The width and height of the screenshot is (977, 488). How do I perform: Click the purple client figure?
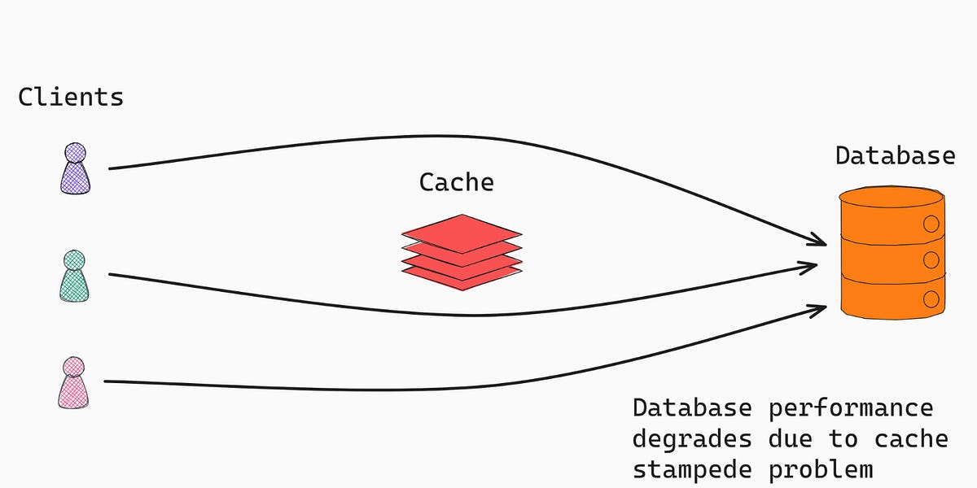tap(75, 168)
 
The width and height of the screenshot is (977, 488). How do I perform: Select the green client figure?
tap(74, 276)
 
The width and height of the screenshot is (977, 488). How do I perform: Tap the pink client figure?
tap(74, 382)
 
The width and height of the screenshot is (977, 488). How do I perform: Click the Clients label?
tap(71, 98)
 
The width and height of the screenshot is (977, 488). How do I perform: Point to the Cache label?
tap(456, 182)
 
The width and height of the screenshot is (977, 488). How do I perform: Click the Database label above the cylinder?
tap(895, 155)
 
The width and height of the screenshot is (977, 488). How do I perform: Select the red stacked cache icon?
tap(462, 248)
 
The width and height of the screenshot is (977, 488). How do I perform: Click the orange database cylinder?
tap(892, 252)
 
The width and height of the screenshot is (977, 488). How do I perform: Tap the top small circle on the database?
tap(931, 223)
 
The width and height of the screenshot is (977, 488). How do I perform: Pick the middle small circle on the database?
tap(931, 260)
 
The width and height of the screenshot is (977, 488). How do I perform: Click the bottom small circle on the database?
tap(931, 298)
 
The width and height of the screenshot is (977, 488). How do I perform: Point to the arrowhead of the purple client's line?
tap(821, 241)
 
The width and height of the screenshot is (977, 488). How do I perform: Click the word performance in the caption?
tap(851, 407)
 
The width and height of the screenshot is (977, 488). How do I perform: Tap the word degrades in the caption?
tap(692, 439)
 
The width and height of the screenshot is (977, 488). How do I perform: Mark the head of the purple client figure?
tap(75, 153)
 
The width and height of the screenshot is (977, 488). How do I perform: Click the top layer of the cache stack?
tap(462, 229)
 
